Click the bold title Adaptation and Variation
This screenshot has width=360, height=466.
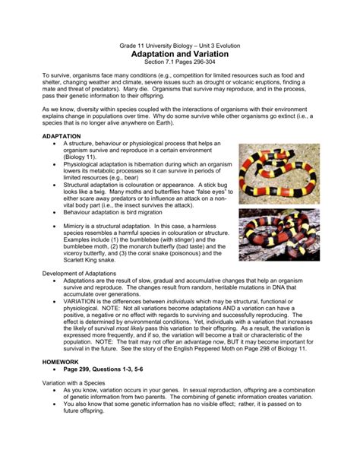coord(180,55)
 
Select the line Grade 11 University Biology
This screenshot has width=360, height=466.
coord(180,46)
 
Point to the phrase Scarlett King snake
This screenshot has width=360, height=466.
coord(92,260)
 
